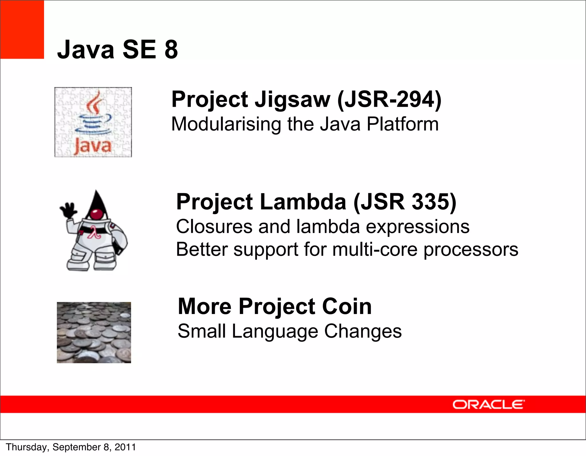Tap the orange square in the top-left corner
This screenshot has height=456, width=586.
pyautogui.click(x=22, y=29)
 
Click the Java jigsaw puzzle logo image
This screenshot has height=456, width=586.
pyautogui.click(x=93, y=122)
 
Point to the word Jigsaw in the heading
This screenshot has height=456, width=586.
pyautogui.click(x=292, y=100)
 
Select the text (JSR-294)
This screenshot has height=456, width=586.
pyautogui.click(x=389, y=99)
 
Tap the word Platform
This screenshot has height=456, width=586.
pyautogui.click(x=403, y=124)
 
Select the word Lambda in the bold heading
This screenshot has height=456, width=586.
pyautogui.click(x=303, y=202)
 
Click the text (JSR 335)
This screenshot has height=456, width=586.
pyautogui.click(x=405, y=202)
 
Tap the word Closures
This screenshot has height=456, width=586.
pyautogui.click(x=214, y=226)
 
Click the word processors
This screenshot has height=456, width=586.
pyautogui.click(x=471, y=250)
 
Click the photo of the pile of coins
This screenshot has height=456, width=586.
pyautogui.click(x=94, y=332)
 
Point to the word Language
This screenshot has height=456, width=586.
pyautogui.click(x=275, y=332)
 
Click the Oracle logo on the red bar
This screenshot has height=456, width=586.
pyautogui.click(x=488, y=404)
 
